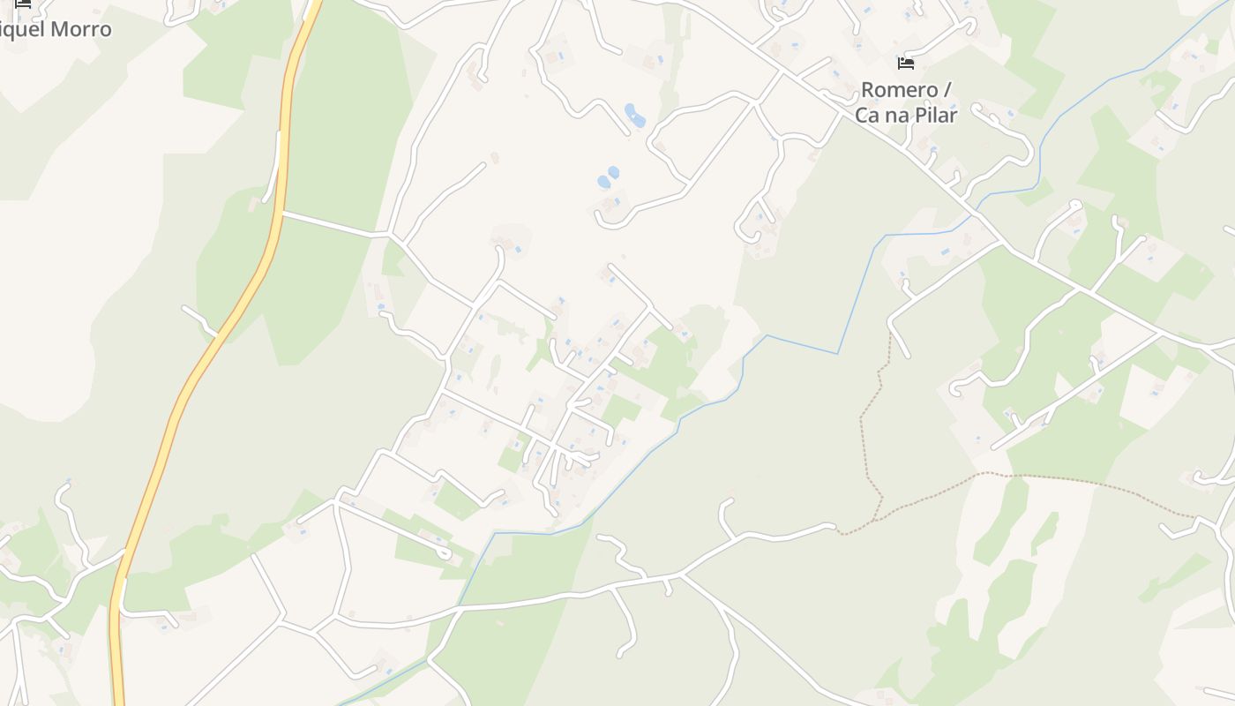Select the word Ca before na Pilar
click(x=867, y=115)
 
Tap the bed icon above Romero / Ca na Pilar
click(x=905, y=64)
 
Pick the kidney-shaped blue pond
click(x=634, y=115)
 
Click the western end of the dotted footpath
click(x=839, y=533)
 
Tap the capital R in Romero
click(x=868, y=90)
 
